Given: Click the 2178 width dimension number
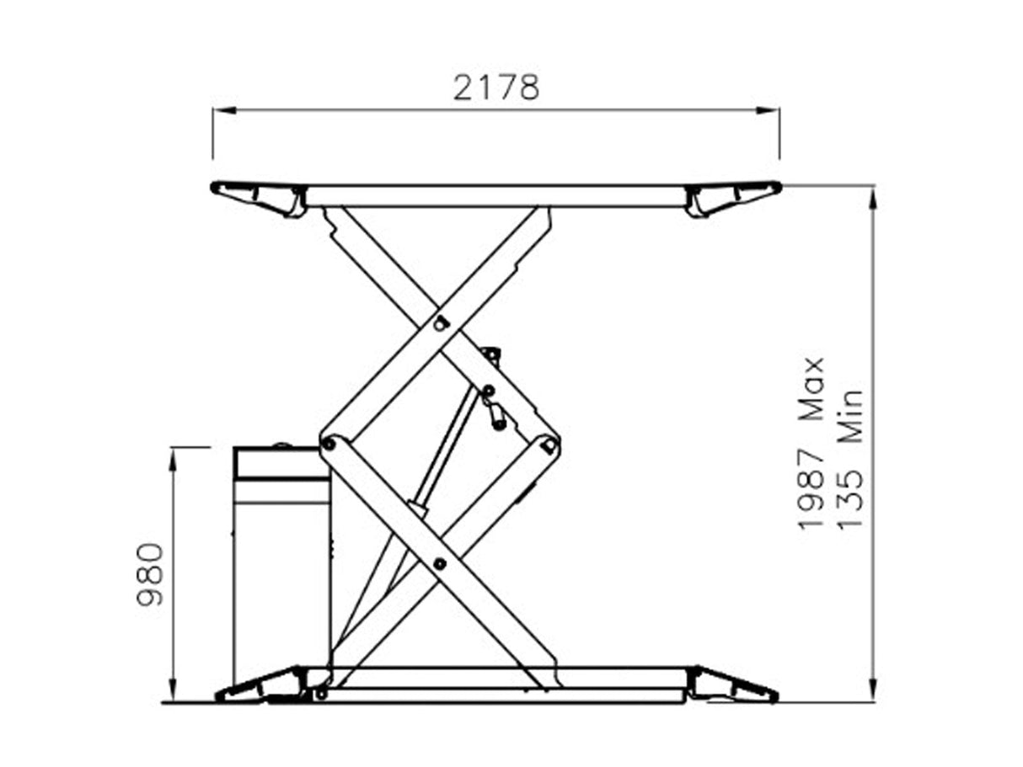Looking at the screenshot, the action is click(x=495, y=88).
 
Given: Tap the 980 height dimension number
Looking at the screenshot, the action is click(x=151, y=574).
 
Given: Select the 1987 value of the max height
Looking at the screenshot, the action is click(x=811, y=489).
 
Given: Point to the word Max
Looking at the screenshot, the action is click(x=811, y=388).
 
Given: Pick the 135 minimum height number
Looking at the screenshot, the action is click(x=851, y=498).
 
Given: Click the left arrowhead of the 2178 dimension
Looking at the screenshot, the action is click(x=225, y=110).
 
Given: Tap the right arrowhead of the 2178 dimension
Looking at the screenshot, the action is click(x=768, y=110).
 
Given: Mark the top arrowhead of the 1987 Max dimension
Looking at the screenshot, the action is click(x=873, y=198).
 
